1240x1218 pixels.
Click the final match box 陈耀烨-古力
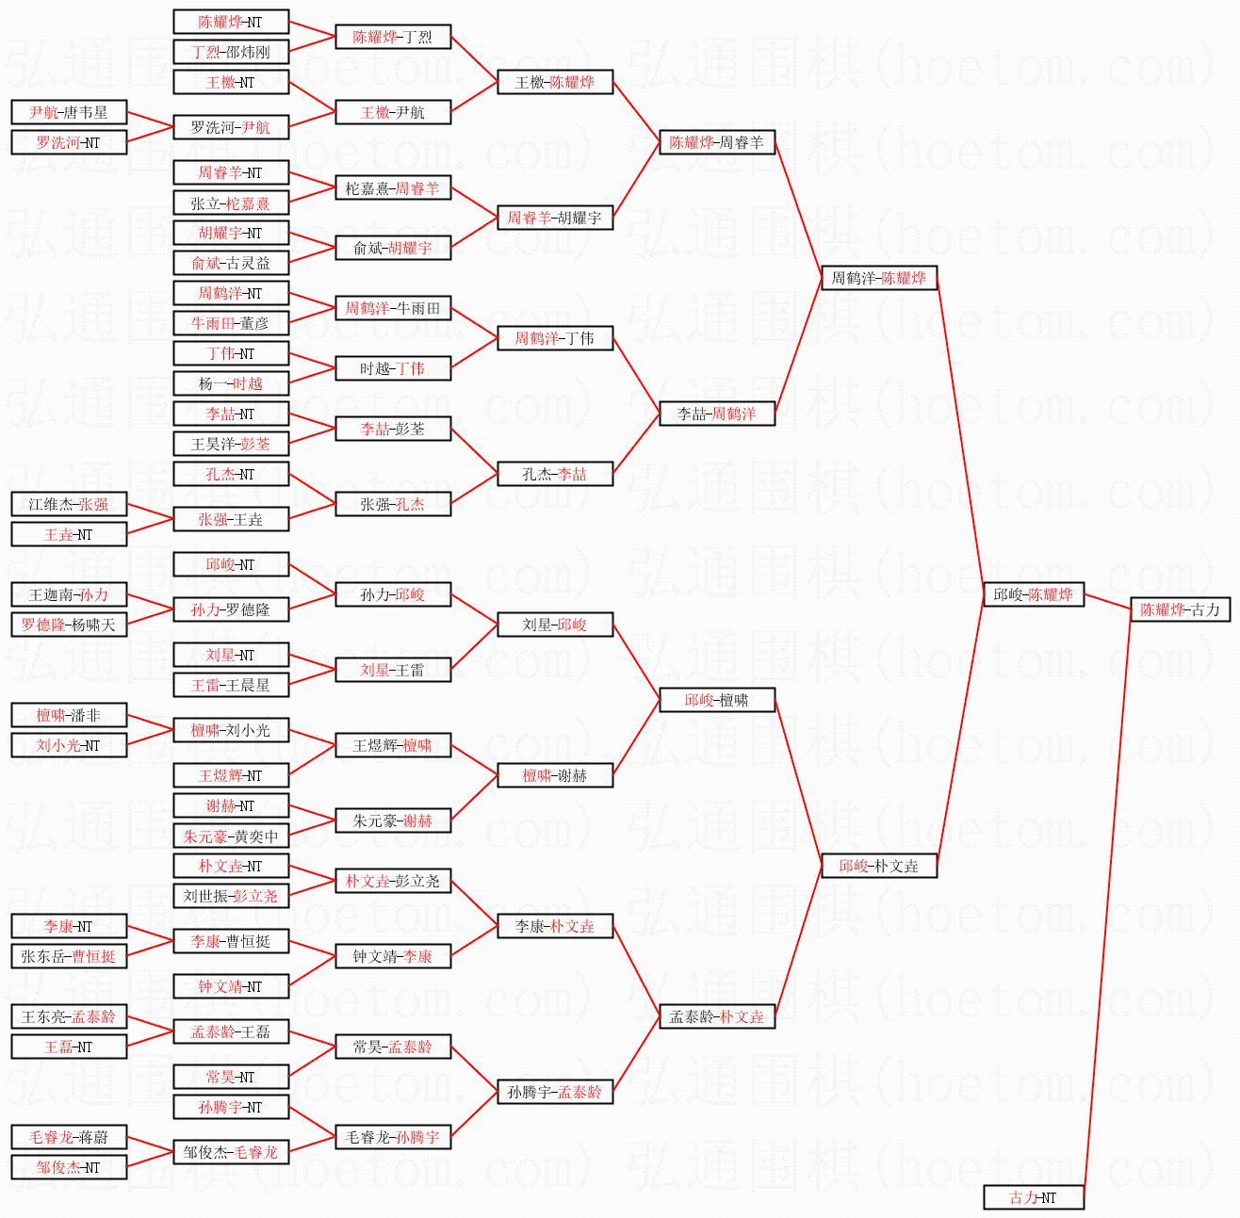[x=1180, y=609]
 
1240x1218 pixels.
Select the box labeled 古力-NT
[x=1034, y=1197]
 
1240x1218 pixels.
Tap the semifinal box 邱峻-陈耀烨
[x=1034, y=594]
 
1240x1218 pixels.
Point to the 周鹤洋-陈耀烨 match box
[x=879, y=278]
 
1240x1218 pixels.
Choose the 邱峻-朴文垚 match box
[x=879, y=866]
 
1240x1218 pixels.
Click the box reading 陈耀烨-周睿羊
[x=717, y=142]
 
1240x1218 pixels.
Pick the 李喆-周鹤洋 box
[x=717, y=414]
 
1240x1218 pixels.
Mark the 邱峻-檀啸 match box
[x=717, y=700]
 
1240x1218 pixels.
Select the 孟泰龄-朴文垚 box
[x=717, y=1016]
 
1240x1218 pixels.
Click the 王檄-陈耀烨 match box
[x=555, y=82]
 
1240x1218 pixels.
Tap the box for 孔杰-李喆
[x=555, y=474]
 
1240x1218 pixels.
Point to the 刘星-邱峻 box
[x=555, y=625]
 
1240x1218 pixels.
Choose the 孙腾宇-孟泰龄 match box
[x=555, y=1092]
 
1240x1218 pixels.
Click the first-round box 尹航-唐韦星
[x=69, y=113]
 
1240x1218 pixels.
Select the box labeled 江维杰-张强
[x=69, y=505]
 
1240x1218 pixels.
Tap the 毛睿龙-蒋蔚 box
[x=69, y=1138]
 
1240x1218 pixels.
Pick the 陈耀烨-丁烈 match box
[x=393, y=37]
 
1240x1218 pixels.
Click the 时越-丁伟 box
[x=393, y=368]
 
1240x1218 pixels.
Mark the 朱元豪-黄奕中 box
[x=231, y=836]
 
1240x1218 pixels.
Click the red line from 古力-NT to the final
[x=1107, y=903]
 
